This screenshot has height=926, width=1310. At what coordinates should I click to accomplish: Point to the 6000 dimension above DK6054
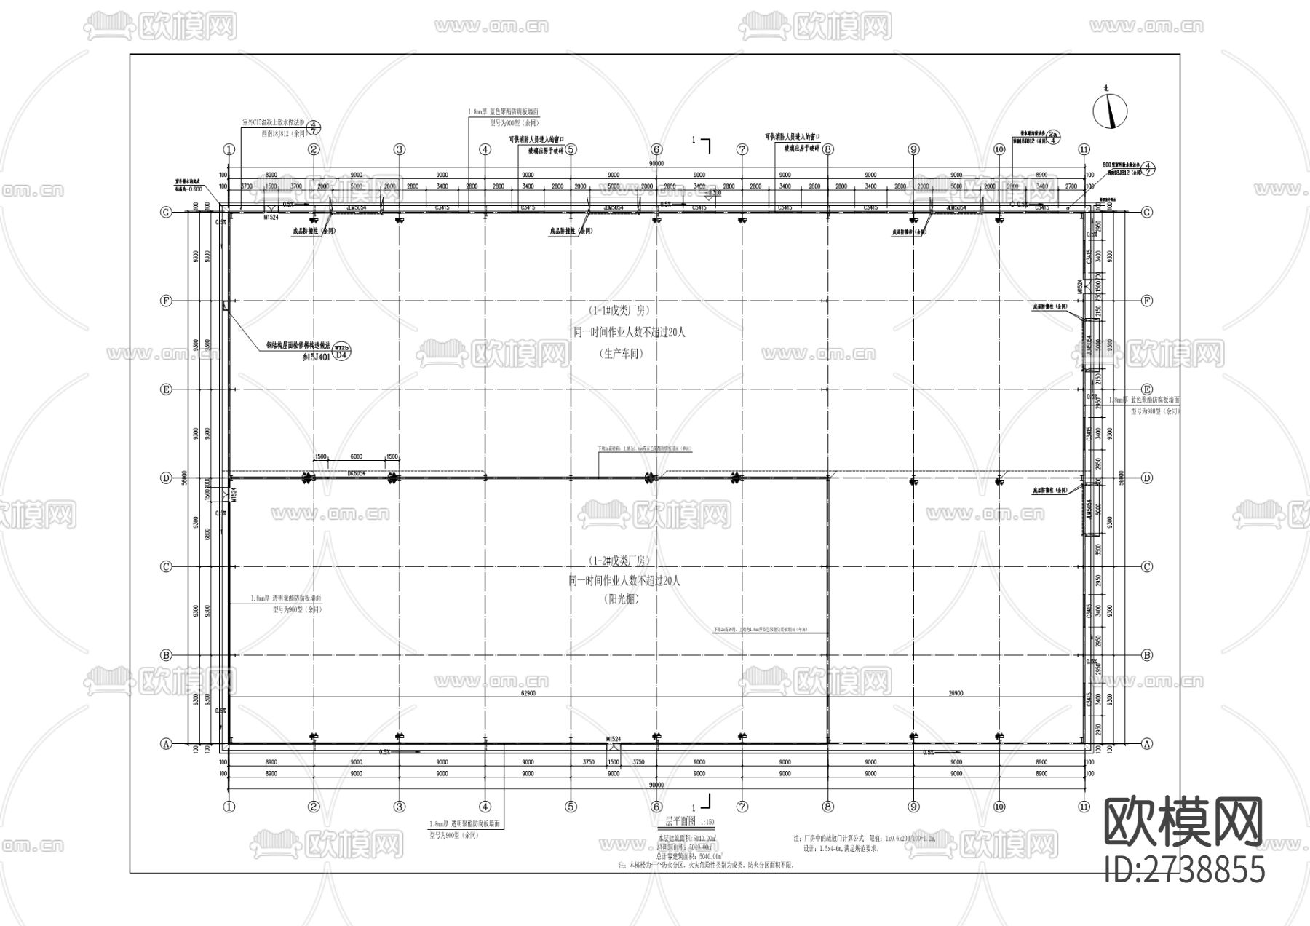356,456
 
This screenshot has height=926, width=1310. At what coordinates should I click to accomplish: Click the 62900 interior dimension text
528,693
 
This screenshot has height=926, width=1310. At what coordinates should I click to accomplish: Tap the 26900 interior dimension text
956,693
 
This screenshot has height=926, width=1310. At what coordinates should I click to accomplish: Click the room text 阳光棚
620,599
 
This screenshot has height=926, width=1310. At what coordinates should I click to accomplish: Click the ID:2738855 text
1185,870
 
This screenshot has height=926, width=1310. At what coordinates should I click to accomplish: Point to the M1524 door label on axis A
614,739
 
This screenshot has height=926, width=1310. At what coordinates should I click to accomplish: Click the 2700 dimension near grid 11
1071,186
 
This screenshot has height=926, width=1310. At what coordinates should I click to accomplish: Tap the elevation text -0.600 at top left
191,189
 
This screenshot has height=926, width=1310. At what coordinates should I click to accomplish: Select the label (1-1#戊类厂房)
620,310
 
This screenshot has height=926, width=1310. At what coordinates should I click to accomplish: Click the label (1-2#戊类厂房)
620,561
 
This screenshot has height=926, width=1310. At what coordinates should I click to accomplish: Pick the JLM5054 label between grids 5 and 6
614,207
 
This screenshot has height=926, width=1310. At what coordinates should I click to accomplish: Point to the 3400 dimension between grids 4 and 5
528,186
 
